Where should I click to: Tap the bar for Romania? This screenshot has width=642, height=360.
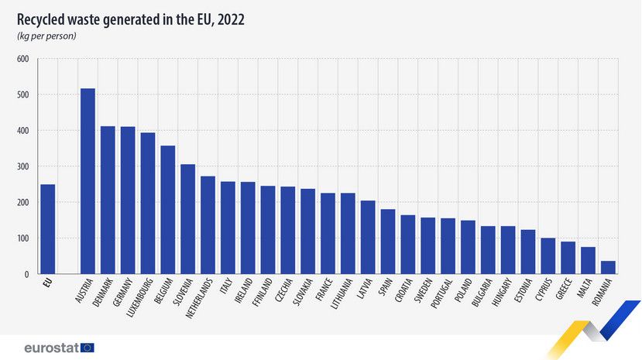tap(608, 267)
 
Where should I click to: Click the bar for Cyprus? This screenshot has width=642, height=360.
tap(548, 255)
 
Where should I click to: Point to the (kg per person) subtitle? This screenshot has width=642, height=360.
tap(46, 36)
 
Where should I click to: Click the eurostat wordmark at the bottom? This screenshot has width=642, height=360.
tap(51, 348)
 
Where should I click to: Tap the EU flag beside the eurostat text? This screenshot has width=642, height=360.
tap(88, 348)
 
